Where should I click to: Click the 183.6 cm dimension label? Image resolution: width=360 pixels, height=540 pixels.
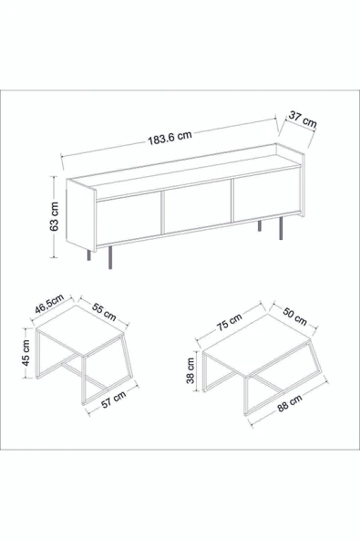tap(170, 138)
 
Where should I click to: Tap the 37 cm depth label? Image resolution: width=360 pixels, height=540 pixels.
tap(303, 119)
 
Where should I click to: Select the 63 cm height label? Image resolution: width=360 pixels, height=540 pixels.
tap(54, 216)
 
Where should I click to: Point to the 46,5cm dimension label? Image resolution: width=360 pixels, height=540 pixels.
tap(49, 304)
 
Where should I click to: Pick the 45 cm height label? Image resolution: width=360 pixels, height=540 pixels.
tap(26, 353)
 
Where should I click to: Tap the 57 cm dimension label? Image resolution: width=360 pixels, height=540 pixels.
tap(114, 400)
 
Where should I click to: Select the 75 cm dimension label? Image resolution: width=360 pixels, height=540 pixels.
tap(231, 321)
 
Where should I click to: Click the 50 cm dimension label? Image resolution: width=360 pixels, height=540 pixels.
tap(295, 317)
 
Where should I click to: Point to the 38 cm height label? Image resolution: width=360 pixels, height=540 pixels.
tap(190, 370)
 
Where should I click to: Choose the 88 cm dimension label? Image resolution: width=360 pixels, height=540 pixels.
tap(290, 403)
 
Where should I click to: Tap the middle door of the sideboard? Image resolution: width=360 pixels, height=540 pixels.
tap(198, 206)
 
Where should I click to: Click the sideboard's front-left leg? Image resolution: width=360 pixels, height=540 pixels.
tap(110, 257)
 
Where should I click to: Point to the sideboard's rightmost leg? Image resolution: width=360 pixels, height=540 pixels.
tap(281, 228)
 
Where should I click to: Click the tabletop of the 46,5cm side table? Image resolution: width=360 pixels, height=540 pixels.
tap(80, 331)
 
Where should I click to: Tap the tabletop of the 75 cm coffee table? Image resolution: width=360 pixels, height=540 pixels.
tap(256, 344)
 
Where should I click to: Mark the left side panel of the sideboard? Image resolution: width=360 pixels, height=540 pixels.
tap(81, 215)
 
